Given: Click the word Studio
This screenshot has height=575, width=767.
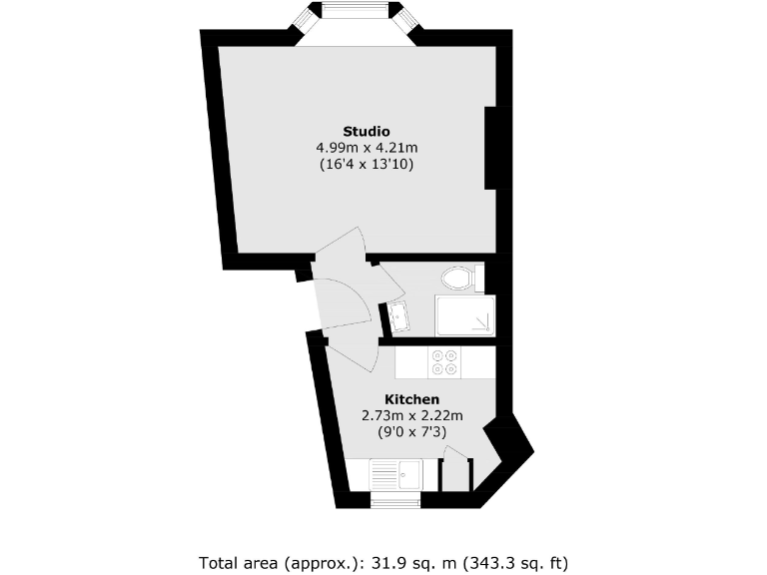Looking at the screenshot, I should [366, 131].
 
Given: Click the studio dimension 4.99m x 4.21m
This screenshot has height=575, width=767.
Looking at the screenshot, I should [366, 147].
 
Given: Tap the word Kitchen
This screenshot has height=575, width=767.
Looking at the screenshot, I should [412, 399].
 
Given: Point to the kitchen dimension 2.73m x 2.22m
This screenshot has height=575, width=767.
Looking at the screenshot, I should [412, 415].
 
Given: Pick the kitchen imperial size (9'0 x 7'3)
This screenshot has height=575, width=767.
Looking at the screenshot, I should [412, 431].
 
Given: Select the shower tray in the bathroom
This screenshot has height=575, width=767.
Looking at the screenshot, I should [464, 317].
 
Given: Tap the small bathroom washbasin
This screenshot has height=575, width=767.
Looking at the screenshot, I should [397, 317].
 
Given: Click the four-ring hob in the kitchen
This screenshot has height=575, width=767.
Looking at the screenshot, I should [444, 362].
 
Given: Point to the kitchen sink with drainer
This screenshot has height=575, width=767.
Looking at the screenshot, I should [396, 473].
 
